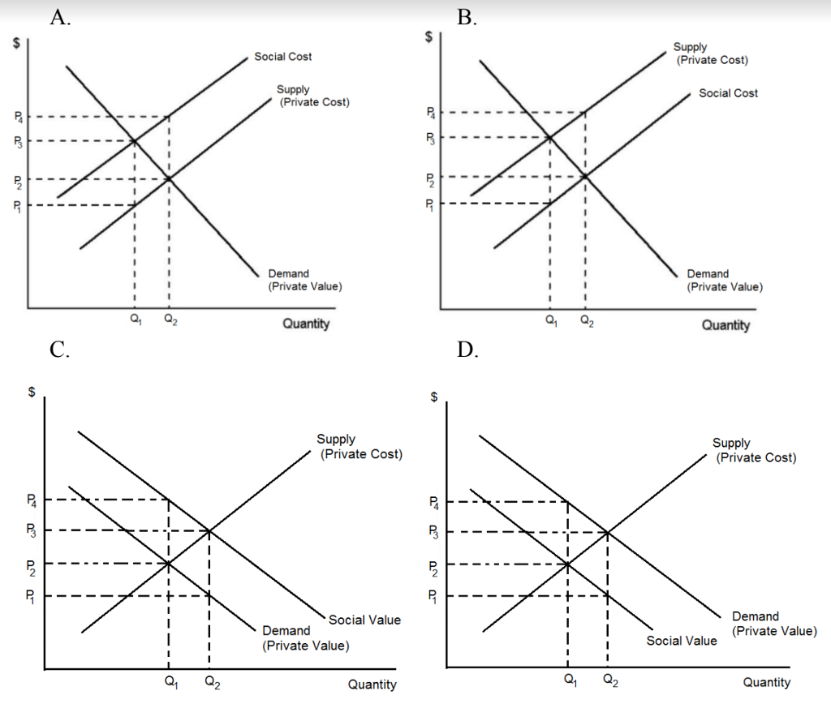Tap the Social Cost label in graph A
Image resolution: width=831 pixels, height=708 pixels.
(282, 56)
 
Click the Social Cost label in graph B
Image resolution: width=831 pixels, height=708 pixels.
(728, 93)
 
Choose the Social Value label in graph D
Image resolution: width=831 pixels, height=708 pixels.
(682, 641)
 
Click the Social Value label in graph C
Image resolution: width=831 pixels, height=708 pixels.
(365, 620)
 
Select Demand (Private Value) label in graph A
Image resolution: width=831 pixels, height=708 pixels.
(304, 281)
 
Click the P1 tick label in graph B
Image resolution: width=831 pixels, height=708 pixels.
(432, 204)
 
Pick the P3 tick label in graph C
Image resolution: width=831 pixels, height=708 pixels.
(30, 532)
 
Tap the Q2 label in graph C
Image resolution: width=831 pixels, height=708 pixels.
(210, 682)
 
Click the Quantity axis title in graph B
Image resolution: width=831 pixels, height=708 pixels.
(726, 325)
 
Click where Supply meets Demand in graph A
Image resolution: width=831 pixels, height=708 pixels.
(168, 178)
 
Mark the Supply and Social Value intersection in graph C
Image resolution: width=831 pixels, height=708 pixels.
(209, 531)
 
